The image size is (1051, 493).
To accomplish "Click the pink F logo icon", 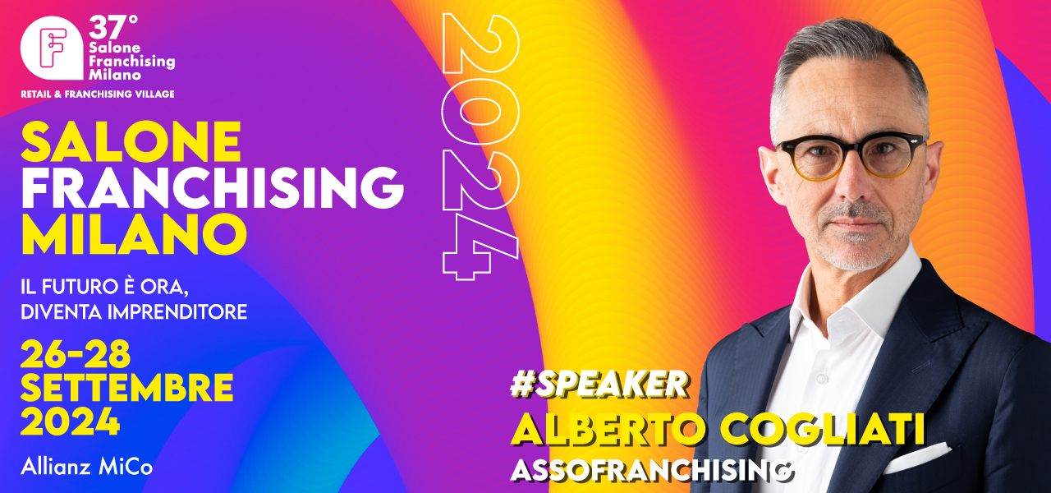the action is coord(52,48).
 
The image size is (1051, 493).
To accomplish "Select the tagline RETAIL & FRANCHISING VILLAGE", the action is coord(98,94).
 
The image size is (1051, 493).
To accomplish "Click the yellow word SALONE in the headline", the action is coord(131,142).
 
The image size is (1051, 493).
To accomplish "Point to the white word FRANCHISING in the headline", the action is coord(212,187).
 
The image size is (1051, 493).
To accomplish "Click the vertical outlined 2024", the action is coord(481,146).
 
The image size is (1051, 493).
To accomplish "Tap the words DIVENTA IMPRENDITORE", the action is coord(134,312).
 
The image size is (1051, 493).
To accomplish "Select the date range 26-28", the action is coord(76,354).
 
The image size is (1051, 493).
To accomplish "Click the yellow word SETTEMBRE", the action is coord(126,388).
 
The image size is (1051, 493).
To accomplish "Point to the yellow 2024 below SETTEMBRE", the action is coord(70,422).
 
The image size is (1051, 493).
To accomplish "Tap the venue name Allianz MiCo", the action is coord(87,467).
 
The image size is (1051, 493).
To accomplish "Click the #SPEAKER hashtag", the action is coord(599,384).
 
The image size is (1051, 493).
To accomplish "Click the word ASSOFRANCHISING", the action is coord(652,470).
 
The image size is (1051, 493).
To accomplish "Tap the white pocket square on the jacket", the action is coord(916,458).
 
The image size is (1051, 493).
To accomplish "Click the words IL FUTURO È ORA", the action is coord(104,287).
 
